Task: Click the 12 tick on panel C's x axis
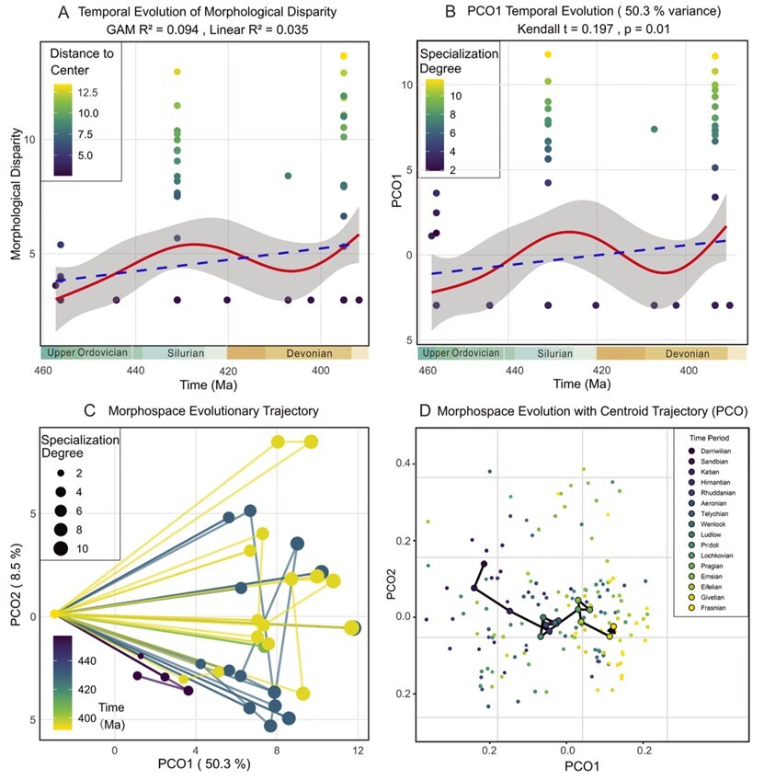pos(358,751)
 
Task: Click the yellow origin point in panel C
pos(54,614)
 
